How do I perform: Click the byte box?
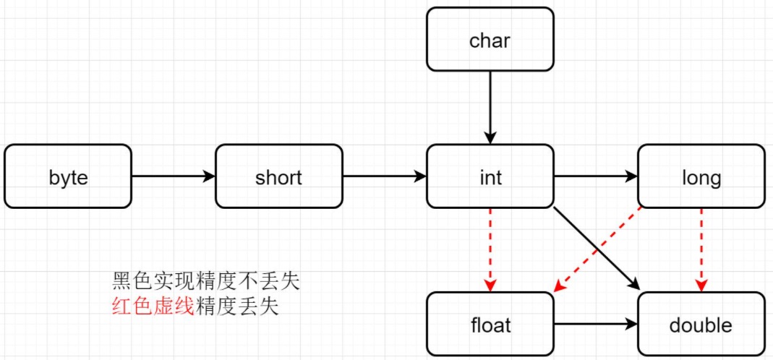(68, 176)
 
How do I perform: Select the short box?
(278, 176)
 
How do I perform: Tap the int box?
(490, 176)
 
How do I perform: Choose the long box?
(701, 176)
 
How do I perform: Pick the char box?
(490, 40)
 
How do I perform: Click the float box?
(490, 324)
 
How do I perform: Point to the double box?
(701, 324)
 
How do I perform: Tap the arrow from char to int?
(490, 105)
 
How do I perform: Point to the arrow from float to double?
(595, 325)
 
